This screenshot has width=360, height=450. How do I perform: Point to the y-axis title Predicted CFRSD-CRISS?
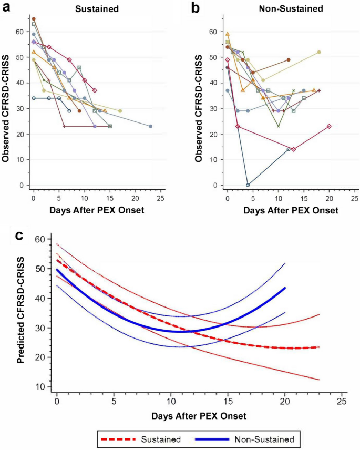(22, 313)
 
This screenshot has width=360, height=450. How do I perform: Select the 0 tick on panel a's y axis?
(22, 186)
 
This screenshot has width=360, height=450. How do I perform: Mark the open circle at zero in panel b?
(248, 185)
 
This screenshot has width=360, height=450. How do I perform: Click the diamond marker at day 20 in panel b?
(329, 126)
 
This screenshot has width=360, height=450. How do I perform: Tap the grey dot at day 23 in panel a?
(150, 126)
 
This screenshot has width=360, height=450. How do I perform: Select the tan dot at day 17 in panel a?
(120, 111)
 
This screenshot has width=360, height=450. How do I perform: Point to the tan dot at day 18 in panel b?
(319, 52)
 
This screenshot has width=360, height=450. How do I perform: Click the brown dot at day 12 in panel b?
(289, 60)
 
